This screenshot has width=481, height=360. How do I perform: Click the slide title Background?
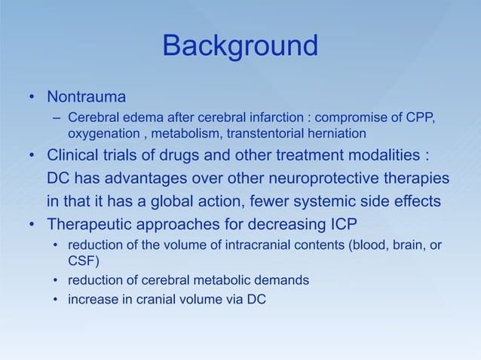pos(240,47)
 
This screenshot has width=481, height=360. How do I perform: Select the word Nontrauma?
pos(86,98)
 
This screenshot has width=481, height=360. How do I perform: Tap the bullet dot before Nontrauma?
pos(32,99)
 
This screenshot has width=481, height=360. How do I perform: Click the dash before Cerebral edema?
pos(57,118)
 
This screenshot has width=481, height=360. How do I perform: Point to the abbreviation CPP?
pos(421,118)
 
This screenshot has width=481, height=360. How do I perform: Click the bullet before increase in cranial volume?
pos(57,300)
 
